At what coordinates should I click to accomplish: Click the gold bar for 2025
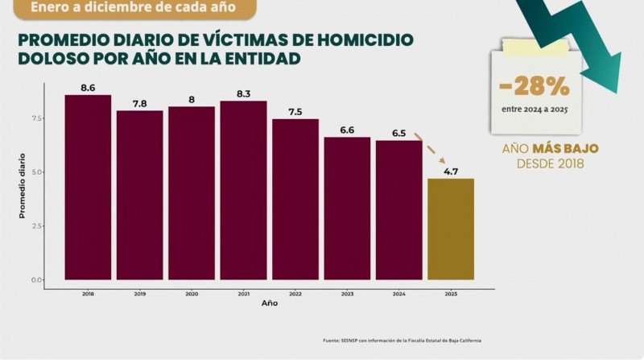tap(450, 229)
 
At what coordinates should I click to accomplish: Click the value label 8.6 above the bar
tap(88, 87)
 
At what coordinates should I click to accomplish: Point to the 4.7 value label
tap(450, 171)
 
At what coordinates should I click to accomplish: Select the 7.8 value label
tap(139, 103)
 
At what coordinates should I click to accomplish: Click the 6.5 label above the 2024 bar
tap(398, 133)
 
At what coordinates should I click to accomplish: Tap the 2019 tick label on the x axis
tap(139, 295)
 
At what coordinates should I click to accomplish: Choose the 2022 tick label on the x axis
tap(295, 295)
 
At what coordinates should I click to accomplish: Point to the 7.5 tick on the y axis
tap(36, 118)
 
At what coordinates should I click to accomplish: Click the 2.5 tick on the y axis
tap(36, 226)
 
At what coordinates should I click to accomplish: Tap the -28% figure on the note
tap(535, 85)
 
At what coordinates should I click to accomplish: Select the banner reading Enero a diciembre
tap(129, 7)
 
